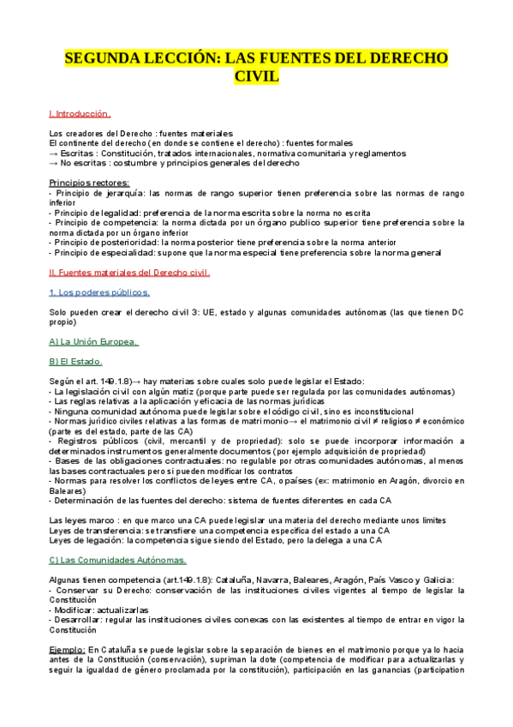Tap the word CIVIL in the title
click(x=256, y=77)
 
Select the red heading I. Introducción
click(x=81, y=113)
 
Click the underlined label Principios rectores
click(x=90, y=182)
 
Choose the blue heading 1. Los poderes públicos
click(x=99, y=291)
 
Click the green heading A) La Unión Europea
click(x=94, y=341)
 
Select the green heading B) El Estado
click(x=76, y=361)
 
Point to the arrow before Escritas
click(x=53, y=153)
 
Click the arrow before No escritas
click(x=53, y=163)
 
